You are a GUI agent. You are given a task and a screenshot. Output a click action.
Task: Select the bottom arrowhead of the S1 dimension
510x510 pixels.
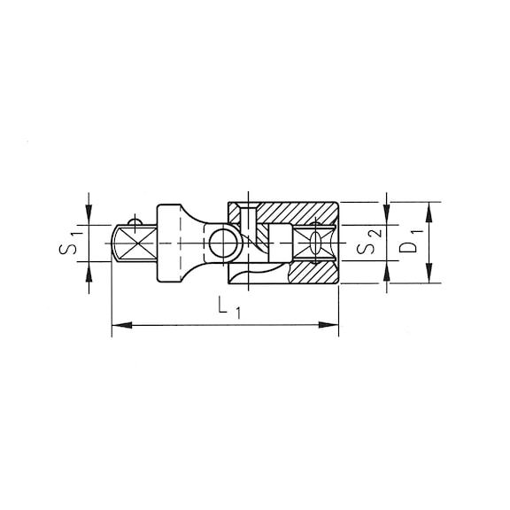[x=89, y=274]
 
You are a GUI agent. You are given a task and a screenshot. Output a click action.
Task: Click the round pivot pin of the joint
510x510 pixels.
[x=221, y=243]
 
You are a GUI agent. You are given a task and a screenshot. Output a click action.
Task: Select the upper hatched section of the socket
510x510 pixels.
[x=292, y=213]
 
